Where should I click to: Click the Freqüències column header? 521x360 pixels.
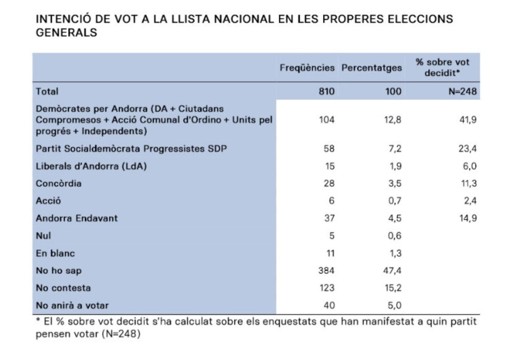[x=307, y=68]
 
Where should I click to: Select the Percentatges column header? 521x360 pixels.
[x=372, y=68]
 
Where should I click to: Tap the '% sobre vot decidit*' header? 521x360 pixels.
[x=442, y=67]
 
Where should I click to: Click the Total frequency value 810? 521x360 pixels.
[x=327, y=91]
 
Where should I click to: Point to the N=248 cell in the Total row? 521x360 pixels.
[x=463, y=91]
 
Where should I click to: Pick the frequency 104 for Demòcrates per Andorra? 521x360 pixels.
[x=327, y=120]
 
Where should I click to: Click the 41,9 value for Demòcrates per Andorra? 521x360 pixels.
[x=468, y=120]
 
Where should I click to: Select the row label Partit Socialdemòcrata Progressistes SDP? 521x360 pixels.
[x=131, y=149]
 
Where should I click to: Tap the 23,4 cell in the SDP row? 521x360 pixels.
[x=467, y=149]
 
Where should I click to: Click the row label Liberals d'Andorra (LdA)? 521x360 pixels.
[x=91, y=166]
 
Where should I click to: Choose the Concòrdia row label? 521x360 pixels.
[x=59, y=184]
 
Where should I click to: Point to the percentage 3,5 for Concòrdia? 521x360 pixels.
[x=395, y=184]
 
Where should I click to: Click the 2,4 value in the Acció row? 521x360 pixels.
[x=470, y=201]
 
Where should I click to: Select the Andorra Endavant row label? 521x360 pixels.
[x=77, y=218]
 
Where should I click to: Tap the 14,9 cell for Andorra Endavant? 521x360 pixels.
[x=468, y=218]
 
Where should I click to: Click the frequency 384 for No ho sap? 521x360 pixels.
[x=326, y=271]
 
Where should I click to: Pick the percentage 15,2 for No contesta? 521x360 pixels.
[x=393, y=288]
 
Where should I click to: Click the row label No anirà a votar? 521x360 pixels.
[x=72, y=305]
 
